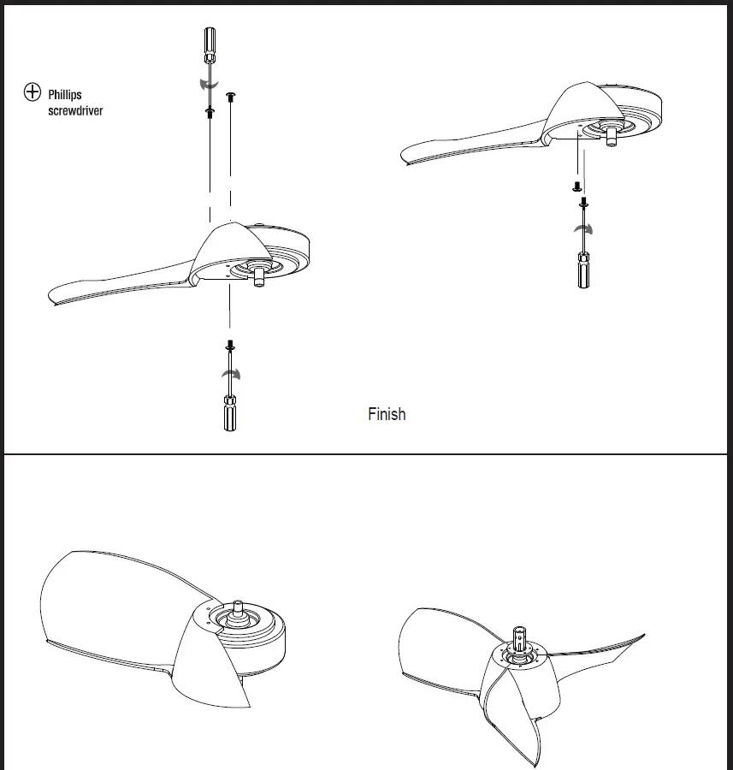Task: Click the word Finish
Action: point(387,414)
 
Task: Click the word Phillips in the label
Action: point(65,95)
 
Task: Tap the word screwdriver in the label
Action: point(75,111)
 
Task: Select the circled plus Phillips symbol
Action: point(33,92)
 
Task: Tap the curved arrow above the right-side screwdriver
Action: point(585,228)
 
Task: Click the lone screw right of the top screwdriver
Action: point(229,98)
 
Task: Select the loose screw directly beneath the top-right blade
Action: point(576,185)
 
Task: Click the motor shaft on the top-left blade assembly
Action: point(259,276)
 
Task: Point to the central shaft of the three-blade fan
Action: point(521,638)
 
